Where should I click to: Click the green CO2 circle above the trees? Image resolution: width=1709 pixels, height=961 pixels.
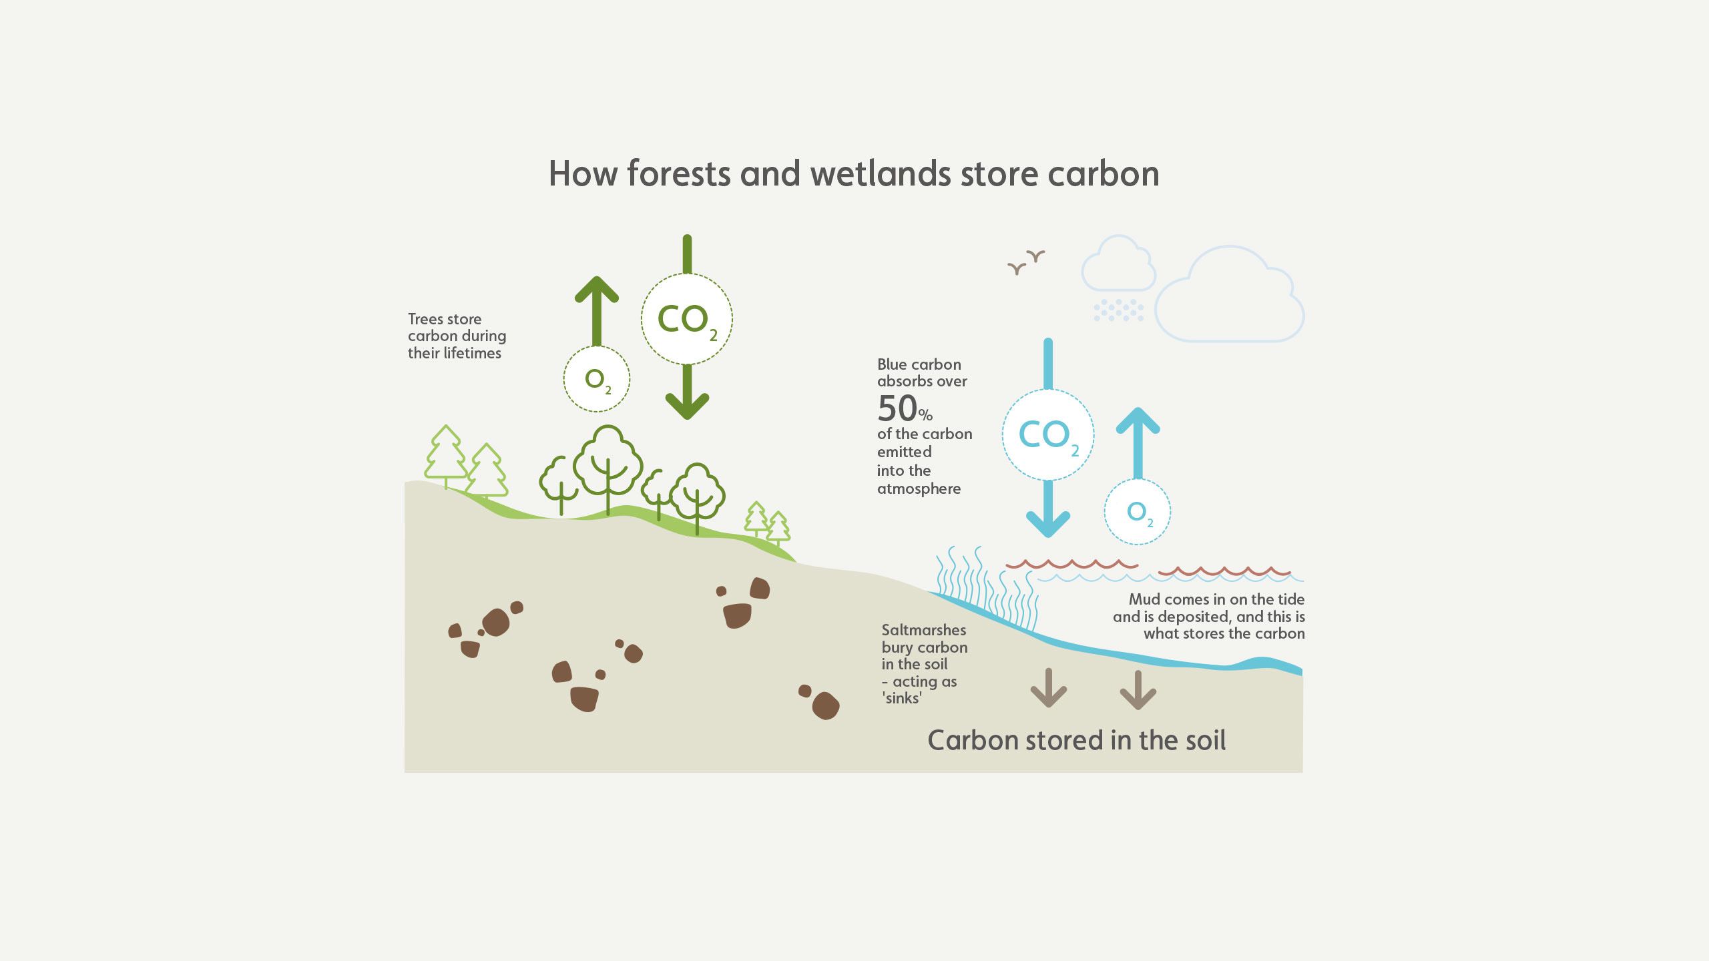[686, 319]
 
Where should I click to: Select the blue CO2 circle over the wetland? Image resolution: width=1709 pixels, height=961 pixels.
[1047, 434]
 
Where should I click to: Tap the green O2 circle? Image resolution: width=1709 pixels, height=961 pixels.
[597, 379]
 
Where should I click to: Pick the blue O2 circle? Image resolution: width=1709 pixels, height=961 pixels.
[1138, 512]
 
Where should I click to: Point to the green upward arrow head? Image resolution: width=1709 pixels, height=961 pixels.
[597, 291]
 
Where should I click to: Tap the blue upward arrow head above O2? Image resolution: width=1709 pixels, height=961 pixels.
[1138, 422]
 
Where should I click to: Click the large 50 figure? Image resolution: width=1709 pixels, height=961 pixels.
[897, 408]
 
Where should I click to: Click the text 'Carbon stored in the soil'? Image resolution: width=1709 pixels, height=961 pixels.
[1076, 740]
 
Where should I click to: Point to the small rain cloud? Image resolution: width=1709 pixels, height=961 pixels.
[1118, 264]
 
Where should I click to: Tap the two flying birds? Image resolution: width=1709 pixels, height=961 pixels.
[1026, 262]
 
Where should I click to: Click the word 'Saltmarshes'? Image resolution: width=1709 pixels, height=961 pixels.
[923, 630]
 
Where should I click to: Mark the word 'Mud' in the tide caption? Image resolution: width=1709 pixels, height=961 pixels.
[1144, 599]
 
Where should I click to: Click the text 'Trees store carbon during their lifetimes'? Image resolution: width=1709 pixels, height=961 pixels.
[457, 336]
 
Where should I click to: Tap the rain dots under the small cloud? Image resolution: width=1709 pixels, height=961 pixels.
[1118, 310]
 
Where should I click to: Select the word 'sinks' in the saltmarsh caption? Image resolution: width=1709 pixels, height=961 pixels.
[902, 698]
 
